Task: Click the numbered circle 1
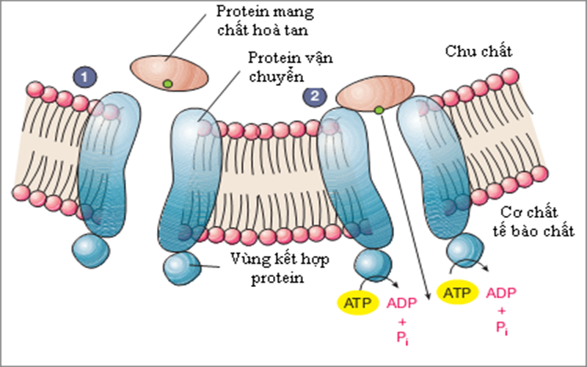coord(87,76)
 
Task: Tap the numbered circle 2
coord(315,96)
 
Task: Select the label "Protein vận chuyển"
coord(283,66)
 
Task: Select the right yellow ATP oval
coord(454,292)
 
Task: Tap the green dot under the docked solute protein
coord(379,110)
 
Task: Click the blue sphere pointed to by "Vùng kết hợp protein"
coord(181,269)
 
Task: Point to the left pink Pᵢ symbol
coord(401,338)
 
